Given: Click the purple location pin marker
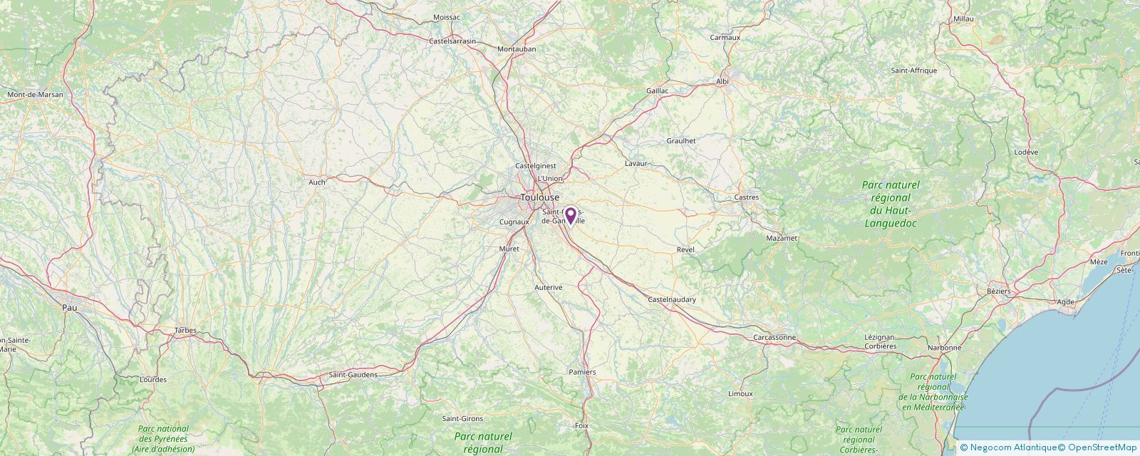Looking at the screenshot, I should click(x=570, y=216).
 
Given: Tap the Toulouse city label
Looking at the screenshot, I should click(x=539, y=197).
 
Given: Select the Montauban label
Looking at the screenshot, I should click(x=516, y=49).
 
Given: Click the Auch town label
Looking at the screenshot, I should click(x=316, y=182).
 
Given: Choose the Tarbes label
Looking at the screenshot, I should click(x=185, y=331).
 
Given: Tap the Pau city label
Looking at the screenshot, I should click(x=69, y=308).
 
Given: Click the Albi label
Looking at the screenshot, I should click(x=722, y=82).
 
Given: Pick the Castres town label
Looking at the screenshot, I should click(x=747, y=197).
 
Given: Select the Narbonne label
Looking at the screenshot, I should click(x=944, y=348).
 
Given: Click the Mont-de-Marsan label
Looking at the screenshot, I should click(x=35, y=94).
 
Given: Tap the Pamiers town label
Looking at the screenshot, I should click(x=582, y=372).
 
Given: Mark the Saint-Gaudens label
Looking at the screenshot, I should click(x=353, y=375).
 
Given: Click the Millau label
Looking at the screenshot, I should click(x=963, y=19).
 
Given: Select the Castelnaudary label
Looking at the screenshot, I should click(x=672, y=300).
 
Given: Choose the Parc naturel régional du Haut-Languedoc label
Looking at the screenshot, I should click(x=890, y=204).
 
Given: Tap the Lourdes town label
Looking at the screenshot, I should click(x=153, y=380).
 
